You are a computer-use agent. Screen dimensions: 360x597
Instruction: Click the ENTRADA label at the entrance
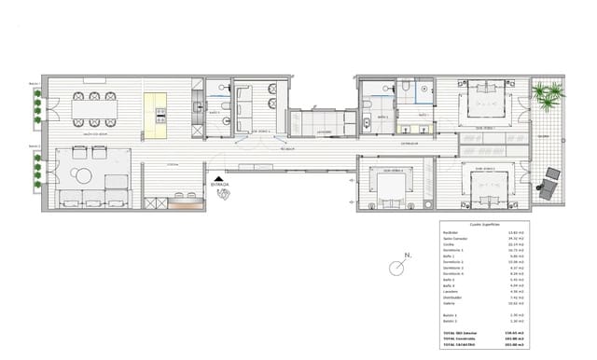(220, 185)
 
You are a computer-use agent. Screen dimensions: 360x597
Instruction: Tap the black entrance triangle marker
(218, 178)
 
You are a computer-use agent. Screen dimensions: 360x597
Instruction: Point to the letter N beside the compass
(407, 254)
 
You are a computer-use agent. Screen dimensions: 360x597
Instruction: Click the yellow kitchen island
(157, 109)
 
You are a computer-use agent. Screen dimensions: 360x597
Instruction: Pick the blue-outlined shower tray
(423, 88)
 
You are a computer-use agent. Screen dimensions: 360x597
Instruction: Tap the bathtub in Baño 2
(368, 123)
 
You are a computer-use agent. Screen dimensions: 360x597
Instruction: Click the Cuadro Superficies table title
(485, 226)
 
